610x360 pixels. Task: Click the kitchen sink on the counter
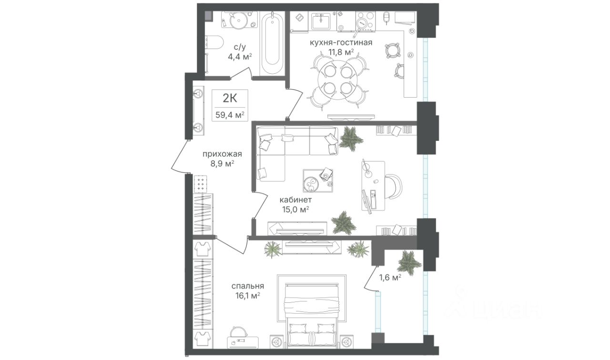pyautogui.click(x=323, y=21)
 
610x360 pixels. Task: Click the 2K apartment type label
pyautogui.click(x=230, y=98)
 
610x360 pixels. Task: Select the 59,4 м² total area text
pyautogui.click(x=231, y=114)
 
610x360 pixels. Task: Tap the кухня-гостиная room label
pyautogui.click(x=340, y=43)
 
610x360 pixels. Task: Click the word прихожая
pyautogui.click(x=223, y=154)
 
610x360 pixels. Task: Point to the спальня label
pyautogui.click(x=248, y=286)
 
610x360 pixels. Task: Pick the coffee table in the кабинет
pyautogui.click(x=317, y=181)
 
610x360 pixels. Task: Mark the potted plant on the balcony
pyautogui.click(x=409, y=261)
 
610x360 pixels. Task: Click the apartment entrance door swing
pyautogui.click(x=179, y=157)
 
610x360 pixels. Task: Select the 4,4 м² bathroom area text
pyautogui.click(x=239, y=57)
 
